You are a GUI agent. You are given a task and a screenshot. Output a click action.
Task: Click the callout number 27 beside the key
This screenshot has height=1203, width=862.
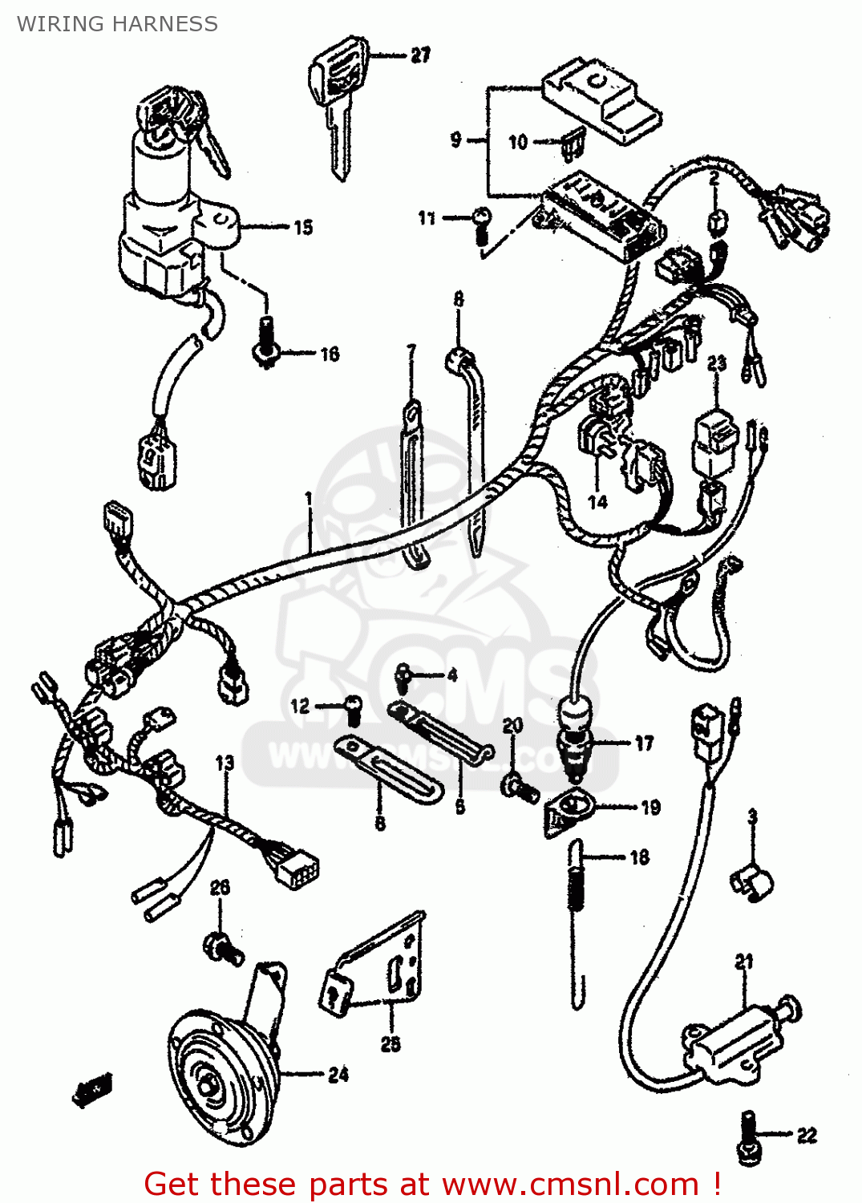420,55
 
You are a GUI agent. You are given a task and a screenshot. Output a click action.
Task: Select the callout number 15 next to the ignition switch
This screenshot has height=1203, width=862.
303,228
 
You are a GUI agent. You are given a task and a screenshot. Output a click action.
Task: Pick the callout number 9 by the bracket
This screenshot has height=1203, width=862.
455,140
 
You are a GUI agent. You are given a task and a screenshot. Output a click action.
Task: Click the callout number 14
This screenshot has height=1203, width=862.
598,502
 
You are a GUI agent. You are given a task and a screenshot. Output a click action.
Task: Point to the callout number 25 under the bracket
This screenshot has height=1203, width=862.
391,1043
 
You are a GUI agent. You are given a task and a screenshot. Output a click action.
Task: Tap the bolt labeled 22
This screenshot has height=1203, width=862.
750,1139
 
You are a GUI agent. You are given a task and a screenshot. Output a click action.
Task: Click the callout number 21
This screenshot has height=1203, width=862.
744,961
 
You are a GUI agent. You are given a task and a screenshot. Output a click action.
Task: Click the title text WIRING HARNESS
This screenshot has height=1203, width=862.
118,24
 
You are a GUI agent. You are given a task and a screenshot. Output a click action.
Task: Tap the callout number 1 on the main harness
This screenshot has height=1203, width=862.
309,500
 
